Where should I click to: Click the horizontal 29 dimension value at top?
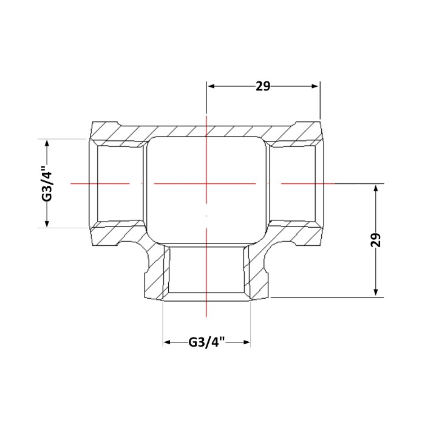pyautogui.click(x=263, y=86)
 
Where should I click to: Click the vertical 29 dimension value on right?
pyautogui.click(x=376, y=240)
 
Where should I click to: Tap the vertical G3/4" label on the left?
pyautogui.click(x=47, y=183)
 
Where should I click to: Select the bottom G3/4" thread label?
pyautogui.click(x=207, y=342)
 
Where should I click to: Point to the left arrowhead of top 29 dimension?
pyautogui.click(x=211, y=86)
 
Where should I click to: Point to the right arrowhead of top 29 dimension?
pyautogui.click(x=315, y=86)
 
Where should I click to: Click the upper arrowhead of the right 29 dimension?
pyautogui.click(x=376, y=188)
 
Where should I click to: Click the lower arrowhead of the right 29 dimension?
pyautogui.click(x=376, y=292)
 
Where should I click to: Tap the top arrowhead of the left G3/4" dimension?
pyautogui.click(x=47, y=143)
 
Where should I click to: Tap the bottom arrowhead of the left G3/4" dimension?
pyautogui.click(x=47, y=223)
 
